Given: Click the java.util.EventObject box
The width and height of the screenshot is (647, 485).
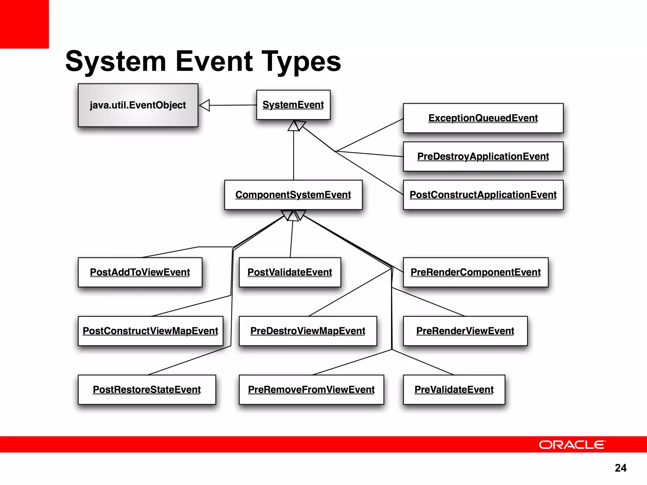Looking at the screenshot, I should click(138, 105).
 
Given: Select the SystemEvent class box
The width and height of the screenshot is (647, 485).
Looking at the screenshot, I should click(293, 105).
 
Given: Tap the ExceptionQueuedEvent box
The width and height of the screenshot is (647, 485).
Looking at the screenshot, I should click(483, 118).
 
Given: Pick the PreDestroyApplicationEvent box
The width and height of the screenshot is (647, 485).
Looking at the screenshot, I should click(483, 157).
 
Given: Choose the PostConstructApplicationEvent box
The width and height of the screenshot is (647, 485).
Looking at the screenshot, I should click(483, 195).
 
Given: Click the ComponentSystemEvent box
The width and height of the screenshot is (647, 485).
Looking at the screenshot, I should click(293, 195).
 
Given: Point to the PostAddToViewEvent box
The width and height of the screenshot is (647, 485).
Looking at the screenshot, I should click(140, 272).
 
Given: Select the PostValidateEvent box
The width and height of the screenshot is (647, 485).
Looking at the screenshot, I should click(290, 272).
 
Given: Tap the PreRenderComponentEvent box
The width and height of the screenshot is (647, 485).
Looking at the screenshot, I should click(475, 272).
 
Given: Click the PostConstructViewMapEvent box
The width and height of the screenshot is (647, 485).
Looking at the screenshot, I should click(150, 331).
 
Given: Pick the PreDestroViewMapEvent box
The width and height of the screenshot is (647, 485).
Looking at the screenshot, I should click(308, 331).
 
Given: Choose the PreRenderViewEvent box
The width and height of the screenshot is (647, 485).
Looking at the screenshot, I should click(465, 331).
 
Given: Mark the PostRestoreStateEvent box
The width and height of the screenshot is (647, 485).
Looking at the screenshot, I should click(147, 390).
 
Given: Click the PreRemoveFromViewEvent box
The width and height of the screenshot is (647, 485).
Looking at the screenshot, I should click(311, 390).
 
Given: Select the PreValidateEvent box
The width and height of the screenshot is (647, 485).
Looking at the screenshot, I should click(454, 390).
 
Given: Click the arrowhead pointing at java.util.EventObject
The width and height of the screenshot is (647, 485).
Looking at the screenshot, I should click(205, 105).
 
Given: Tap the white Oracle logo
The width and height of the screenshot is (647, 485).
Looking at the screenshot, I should click(572, 445).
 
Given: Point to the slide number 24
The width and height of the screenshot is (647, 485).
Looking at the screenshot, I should click(620, 468).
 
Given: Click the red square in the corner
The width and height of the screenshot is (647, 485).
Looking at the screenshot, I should click(24, 24).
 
